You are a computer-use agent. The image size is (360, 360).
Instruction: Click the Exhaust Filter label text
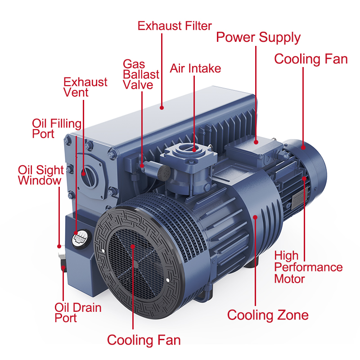(x=175, y=26)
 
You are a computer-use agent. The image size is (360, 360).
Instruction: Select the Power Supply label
(x=258, y=37)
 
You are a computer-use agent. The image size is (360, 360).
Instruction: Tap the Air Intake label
(x=195, y=68)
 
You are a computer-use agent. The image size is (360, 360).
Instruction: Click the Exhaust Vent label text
(x=85, y=87)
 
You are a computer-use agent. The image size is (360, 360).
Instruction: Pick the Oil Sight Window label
(x=39, y=175)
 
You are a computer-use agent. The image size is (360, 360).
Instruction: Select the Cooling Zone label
(x=268, y=315)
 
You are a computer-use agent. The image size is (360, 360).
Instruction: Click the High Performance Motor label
(x=308, y=267)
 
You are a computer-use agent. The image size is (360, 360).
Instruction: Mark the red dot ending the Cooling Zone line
(x=256, y=217)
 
